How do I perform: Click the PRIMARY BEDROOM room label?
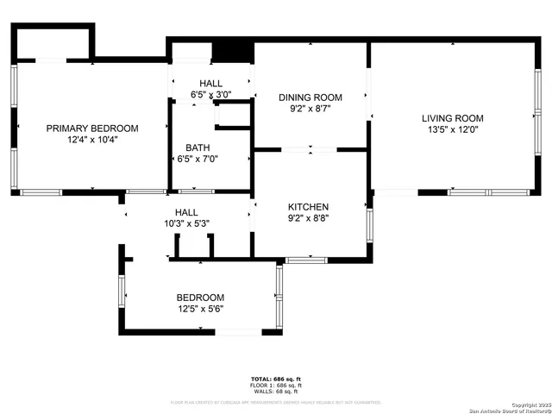coord(91,129)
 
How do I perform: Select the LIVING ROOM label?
coord(452,118)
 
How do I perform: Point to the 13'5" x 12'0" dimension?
coord(452,129)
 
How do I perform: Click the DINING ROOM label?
coord(310,97)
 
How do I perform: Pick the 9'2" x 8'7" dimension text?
coord(310,109)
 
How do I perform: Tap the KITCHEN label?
coord(308,207)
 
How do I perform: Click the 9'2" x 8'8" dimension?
coord(308,218)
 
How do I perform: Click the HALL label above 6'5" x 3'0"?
coord(210,83)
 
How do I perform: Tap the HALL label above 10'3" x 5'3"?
coord(186,212)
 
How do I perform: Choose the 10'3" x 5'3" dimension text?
coord(186,223)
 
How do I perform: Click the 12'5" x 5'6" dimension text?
coord(200,308)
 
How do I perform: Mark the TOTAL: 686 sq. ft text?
coord(275,379)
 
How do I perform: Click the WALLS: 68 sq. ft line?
coord(275,392)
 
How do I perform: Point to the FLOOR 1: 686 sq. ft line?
coord(275,386)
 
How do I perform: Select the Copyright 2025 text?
coord(528,405)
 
